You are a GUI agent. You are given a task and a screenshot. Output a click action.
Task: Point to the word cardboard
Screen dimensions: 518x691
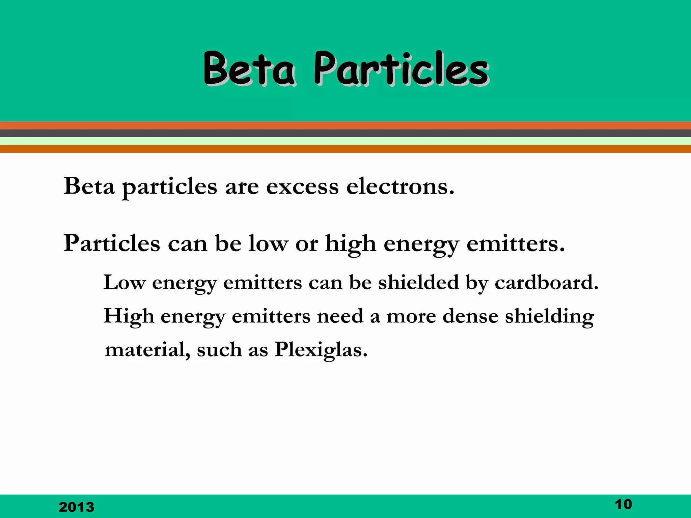coord(546,282)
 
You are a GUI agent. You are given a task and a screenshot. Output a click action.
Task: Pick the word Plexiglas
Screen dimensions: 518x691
coord(321,349)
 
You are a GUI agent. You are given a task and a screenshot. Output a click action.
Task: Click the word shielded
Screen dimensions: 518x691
coord(418,282)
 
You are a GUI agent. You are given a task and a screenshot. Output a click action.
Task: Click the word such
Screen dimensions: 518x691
coord(219,349)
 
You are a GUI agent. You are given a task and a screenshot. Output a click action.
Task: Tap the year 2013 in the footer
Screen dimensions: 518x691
coord(77,507)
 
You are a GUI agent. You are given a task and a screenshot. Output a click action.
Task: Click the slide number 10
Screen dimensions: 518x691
coord(623,504)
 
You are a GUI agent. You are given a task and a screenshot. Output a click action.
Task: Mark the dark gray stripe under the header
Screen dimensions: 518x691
coord(345,133)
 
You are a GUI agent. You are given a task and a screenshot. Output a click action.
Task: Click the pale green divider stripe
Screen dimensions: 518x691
coord(345,141)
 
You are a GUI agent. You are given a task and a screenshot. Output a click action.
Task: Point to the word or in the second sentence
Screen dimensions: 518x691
coord(307,244)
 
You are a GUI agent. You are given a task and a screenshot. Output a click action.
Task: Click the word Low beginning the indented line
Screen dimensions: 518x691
coord(125,282)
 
